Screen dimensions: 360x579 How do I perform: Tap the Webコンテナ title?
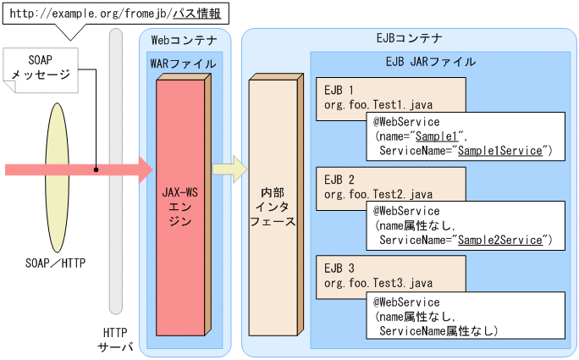point(184,40)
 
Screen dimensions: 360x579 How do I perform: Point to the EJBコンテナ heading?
point(409,39)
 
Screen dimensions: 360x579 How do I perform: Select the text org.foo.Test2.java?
point(378,193)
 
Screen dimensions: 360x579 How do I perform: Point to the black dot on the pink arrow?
point(96,169)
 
